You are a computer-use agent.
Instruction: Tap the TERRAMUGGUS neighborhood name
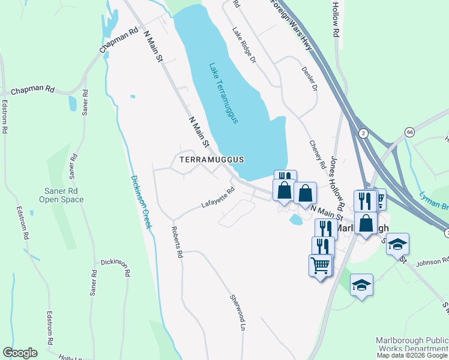click(209, 160)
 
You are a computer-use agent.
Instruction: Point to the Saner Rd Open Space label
click(61, 195)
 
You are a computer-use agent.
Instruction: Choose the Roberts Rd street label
click(176, 242)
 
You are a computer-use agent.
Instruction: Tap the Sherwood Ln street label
click(238, 308)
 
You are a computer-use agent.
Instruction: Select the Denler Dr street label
click(309, 79)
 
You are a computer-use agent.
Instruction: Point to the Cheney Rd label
click(318, 155)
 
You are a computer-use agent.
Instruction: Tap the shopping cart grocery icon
click(321, 264)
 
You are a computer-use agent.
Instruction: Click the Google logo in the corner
click(20, 353)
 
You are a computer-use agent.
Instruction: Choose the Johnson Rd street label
click(432, 261)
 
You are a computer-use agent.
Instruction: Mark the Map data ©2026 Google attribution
click(412, 355)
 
